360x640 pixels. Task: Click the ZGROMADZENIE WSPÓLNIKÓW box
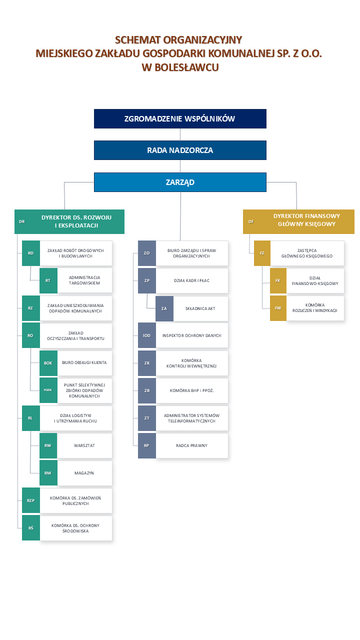pos(180,118)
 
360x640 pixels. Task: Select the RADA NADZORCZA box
pos(180,150)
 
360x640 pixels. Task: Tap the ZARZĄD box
pos(180,182)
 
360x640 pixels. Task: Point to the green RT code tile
pos(48,280)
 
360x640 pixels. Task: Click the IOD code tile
pos(147,335)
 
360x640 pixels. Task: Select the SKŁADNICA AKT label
pos(200,308)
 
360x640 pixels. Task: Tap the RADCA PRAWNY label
pos(191,445)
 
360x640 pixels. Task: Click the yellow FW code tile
pos(278,308)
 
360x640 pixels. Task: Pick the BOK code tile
pos(48,363)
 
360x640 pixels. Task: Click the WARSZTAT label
pos(84,445)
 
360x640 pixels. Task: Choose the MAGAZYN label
pos(84,473)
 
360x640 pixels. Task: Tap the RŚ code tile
pos(31,528)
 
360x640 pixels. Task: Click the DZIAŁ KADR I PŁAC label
pos(191,280)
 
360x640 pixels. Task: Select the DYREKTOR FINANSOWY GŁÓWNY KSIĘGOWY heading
pos(306,220)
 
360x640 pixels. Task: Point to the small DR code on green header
pos(22,221)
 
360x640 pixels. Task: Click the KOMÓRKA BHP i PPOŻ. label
pos(191,390)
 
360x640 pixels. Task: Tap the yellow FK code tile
pos(278,280)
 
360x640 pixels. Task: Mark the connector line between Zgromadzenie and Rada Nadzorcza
pos(180,134)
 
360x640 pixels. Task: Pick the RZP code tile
pos(31,500)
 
